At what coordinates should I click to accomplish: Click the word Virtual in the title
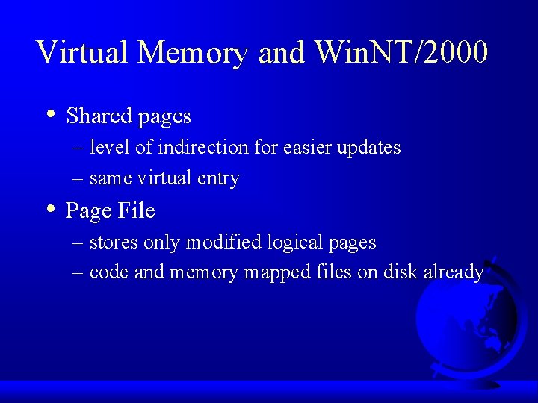pos(82,52)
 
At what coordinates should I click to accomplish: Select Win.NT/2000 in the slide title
pos(402,52)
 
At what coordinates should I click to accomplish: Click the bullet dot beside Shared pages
pos(49,115)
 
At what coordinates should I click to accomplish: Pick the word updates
pos(369,149)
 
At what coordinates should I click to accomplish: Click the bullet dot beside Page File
pos(49,210)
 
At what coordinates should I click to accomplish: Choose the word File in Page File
pos(135,211)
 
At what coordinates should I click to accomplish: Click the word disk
pos(401,272)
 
